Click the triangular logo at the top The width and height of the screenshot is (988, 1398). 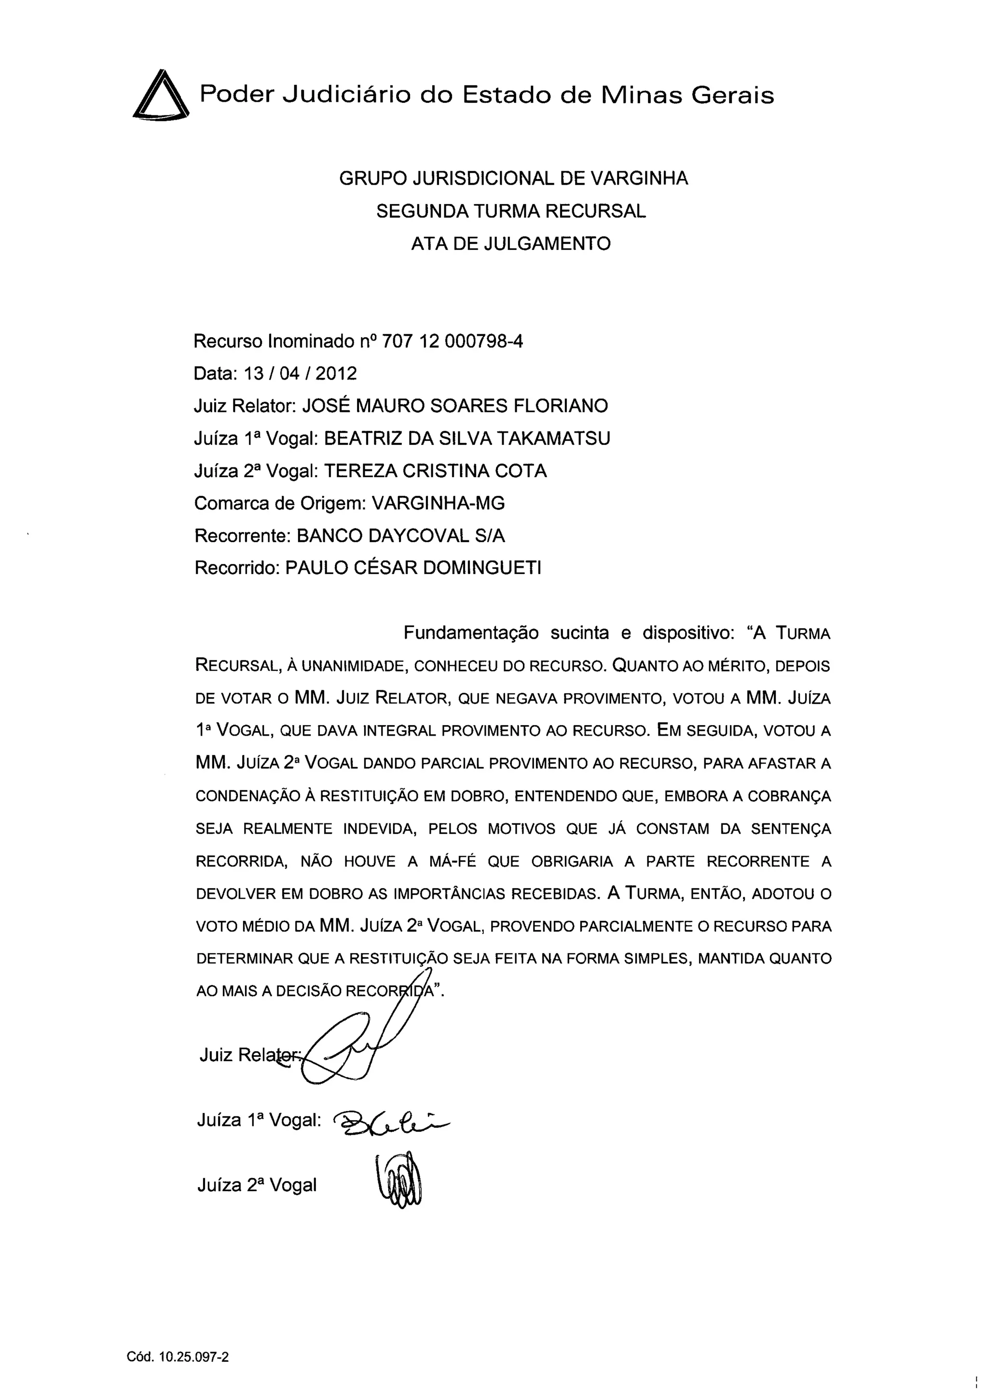tap(160, 96)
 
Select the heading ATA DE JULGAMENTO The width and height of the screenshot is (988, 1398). tap(511, 244)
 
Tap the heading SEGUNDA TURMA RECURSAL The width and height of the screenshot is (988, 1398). tap(511, 211)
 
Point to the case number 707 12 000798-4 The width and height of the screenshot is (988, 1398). tap(452, 342)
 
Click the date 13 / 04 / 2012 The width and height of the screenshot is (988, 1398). tap(300, 374)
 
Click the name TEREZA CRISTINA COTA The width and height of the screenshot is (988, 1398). tap(435, 471)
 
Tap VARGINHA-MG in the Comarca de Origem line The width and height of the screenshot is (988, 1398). tap(439, 504)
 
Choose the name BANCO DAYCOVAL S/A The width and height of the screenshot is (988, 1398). tap(400, 536)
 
